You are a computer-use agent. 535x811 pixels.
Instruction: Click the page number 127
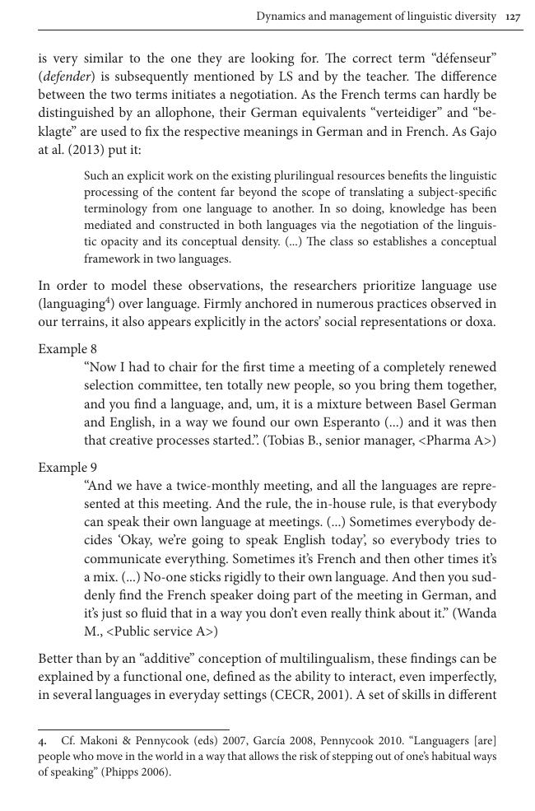point(514,16)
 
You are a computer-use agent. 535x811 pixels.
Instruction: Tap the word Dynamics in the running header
point(281,16)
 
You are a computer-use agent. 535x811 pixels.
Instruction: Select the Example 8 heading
point(67,349)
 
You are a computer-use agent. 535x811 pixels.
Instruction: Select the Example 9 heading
point(67,467)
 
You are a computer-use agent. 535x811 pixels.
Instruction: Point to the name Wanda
point(477,613)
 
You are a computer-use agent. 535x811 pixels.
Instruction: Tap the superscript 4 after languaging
point(100,300)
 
